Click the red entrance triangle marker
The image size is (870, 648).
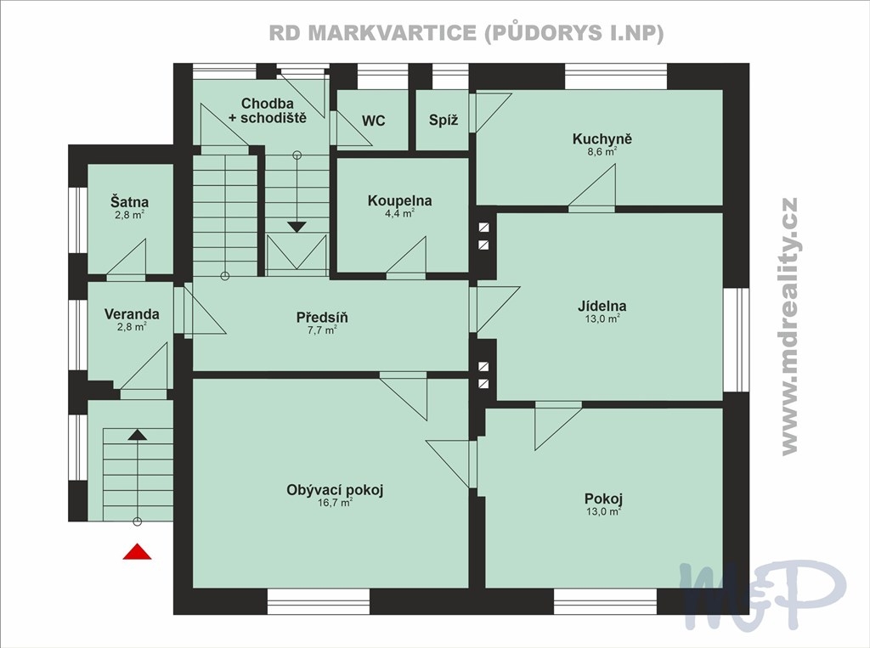click(x=137, y=551)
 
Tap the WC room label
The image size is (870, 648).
click(x=374, y=121)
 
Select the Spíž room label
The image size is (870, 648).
click(x=443, y=121)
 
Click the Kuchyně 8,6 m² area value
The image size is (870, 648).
click(x=602, y=151)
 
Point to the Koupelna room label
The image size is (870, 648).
click(x=399, y=200)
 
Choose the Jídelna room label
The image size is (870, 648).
click(x=602, y=306)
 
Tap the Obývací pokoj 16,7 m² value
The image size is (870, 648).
click(x=335, y=503)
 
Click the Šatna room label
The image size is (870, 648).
click(x=129, y=202)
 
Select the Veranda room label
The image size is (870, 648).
click(x=132, y=314)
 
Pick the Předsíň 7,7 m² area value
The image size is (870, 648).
click(x=322, y=330)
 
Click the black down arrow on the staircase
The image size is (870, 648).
click(x=297, y=227)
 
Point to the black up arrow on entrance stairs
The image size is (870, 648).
click(x=137, y=434)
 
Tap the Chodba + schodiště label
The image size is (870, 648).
click(x=268, y=110)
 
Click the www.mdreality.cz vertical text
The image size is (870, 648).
click(x=789, y=326)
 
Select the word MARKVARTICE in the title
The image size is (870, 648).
click(x=392, y=33)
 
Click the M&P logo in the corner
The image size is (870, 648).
click(x=764, y=594)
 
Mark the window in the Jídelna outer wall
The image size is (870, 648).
click(x=737, y=340)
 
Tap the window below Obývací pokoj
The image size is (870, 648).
click(x=319, y=601)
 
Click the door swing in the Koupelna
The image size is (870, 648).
click(x=407, y=256)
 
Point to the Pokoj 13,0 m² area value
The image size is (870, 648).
click(x=604, y=511)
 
